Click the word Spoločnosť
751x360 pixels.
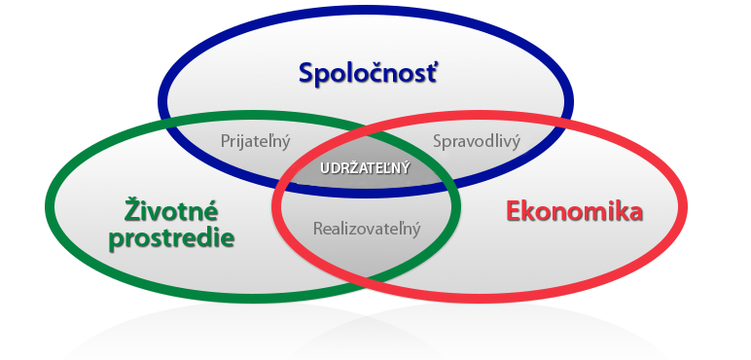click(x=368, y=73)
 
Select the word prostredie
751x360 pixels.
click(x=172, y=237)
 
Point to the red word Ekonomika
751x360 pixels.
click(x=574, y=211)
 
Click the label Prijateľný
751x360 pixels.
click(x=256, y=140)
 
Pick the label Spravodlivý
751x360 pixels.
click(x=476, y=140)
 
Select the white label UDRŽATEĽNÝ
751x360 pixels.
click(x=366, y=167)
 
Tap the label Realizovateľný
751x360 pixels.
click(x=366, y=230)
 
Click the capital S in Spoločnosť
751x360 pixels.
click(x=307, y=73)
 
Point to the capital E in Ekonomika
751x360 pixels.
click(x=515, y=211)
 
